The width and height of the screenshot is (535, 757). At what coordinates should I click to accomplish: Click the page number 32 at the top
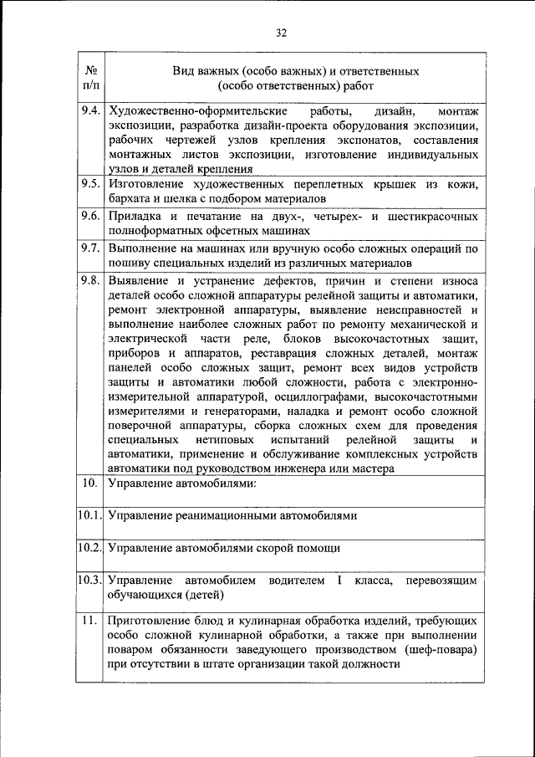[x=281, y=33]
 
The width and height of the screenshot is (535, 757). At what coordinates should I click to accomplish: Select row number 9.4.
[x=91, y=111]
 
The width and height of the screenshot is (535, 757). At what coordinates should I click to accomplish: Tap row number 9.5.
[x=91, y=183]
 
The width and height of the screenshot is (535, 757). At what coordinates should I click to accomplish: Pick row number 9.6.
[x=91, y=216]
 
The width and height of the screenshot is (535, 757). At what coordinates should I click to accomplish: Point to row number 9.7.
[x=91, y=248]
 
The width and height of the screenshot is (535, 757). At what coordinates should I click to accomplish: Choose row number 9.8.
[x=91, y=280]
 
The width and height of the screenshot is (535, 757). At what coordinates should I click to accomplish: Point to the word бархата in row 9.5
[x=130, y=198]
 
